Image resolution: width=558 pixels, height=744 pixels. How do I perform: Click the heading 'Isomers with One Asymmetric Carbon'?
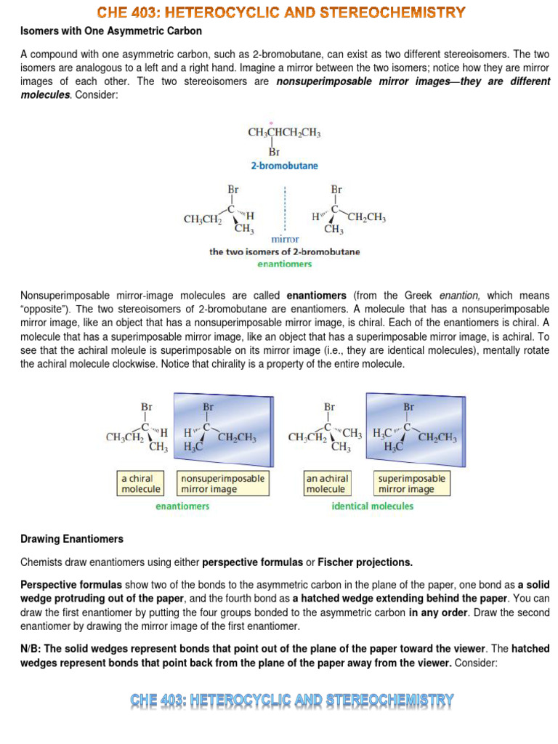pyautogui.click(x=111, y=31)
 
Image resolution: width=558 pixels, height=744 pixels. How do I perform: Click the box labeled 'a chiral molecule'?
pyautogui.click(x=141, y=483)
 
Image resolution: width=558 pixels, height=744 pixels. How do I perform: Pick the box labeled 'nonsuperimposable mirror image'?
pyautogui.click(x=223, y=483)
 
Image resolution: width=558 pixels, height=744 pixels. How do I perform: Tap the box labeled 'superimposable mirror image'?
pyautogui.click(x=411, y=483)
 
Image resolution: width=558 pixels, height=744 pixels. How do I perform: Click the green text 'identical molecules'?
pyautogui.click(x=372, y=506)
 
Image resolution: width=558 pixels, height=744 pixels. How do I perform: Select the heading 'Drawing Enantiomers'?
pyautogui.click(x=72, y=539)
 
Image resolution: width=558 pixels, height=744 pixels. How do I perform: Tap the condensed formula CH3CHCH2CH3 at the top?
pyautogui.click(x=284, y=134)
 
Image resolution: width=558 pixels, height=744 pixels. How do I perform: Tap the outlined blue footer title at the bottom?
pyautogui.click(x=292, y=700)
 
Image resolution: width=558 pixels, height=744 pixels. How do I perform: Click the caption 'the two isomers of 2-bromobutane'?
pyautogui.click(x=284, y=252)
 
